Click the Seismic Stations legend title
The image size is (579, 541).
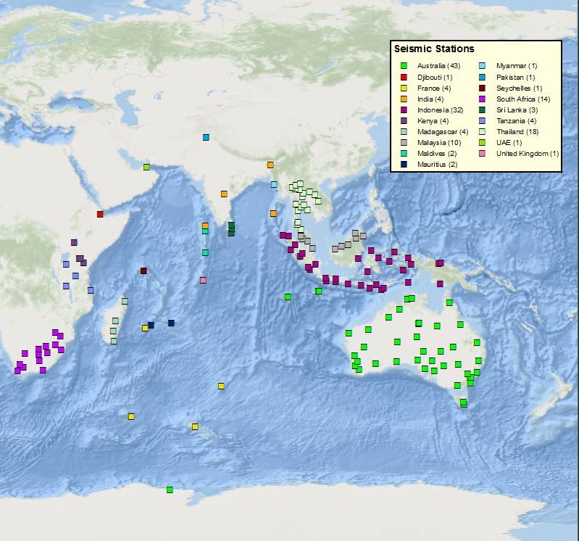[x=433, y=49]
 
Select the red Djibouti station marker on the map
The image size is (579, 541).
[x=100, y=214]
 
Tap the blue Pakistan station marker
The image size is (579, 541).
[x=206, y=137]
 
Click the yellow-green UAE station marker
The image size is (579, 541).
[x=146, y=167]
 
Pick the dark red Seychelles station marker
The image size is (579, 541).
[x=143, y=271]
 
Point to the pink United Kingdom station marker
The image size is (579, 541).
[x=203, y=280]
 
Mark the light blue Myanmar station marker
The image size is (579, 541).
[x=274, y=184]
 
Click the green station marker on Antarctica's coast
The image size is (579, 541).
[x=170, y=490]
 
